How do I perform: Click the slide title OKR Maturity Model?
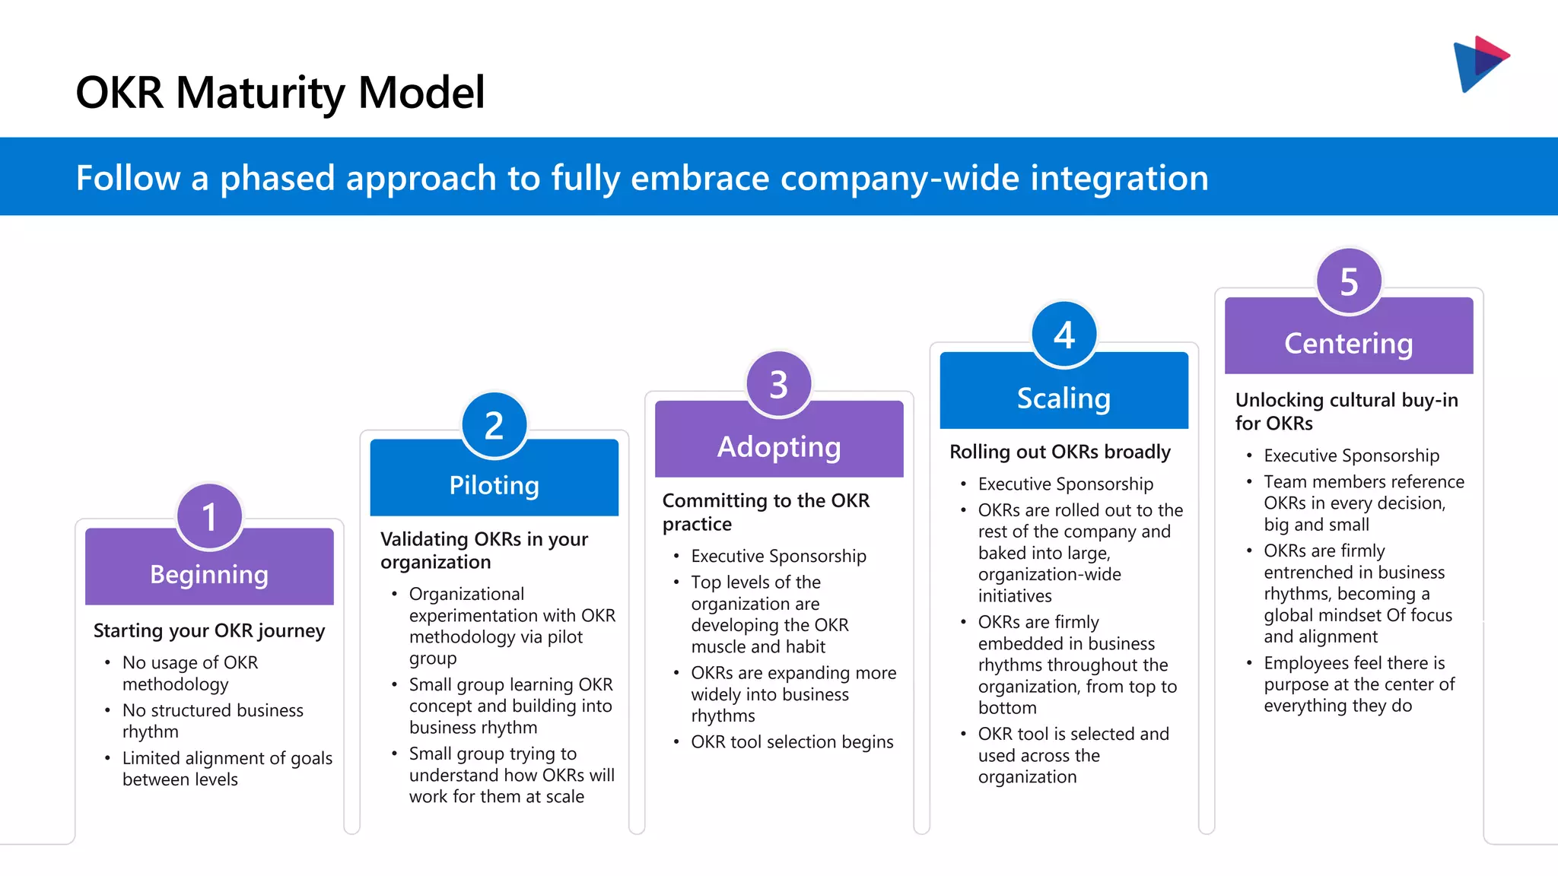coord(280,93)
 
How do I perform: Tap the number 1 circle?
coord(209,517)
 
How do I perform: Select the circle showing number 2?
coord(494,426)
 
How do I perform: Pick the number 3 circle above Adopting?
coord(778,385)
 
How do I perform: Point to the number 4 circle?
coord(1064,335)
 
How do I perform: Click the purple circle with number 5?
coord(1348,282)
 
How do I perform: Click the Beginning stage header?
coord(209,574)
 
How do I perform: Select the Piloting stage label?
coord(494,485)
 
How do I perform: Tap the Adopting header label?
coord(778,447)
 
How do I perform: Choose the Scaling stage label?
coord(1064,398)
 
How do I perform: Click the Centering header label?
coord(1348,344)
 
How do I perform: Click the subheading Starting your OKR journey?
coord(209,630)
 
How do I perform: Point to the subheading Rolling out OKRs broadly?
coord(1060,452)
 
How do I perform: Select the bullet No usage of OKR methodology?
coord(190,673)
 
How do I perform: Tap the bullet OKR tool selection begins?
coord(791,741)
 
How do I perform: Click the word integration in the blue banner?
coord(1118,178)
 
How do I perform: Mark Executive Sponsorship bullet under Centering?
coord(1351,455)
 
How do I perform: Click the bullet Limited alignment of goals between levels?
coord(227,768)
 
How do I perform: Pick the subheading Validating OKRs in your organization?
coord(484,550)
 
